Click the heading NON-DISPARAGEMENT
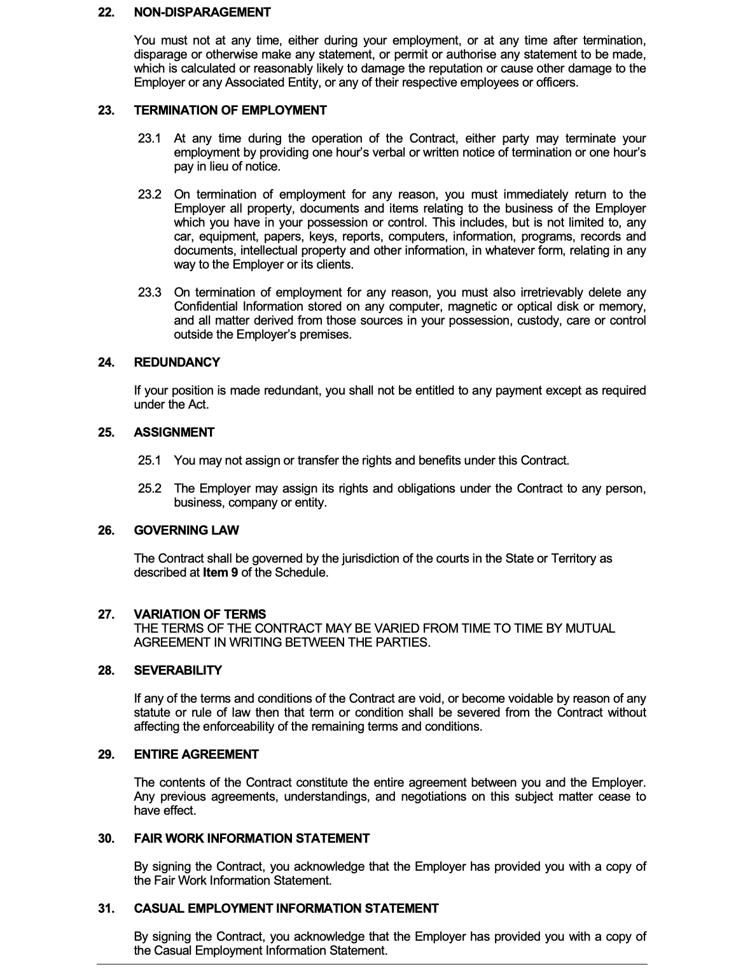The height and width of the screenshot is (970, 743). point(202,12)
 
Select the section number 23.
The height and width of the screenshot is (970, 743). point(106,110)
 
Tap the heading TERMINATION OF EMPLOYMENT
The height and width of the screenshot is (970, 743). point(230,110)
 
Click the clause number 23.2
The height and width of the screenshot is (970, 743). point(149,194)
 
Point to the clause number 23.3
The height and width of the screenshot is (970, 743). point(149,292)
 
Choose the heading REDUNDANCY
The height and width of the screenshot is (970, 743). point(177,362)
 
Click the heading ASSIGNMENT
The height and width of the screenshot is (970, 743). point(174,432)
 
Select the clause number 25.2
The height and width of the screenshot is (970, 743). point(149,488)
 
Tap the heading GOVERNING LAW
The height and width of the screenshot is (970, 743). point(186,530)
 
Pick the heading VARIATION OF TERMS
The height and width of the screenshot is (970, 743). point(200,614)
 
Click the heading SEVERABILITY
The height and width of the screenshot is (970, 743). point(178,670)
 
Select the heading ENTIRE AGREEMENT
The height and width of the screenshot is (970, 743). point(196,754)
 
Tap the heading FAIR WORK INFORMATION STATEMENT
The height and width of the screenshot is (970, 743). point(251,838)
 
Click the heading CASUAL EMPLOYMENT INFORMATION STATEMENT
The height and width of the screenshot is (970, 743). point(286,908)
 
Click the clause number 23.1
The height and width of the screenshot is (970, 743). point(149,138)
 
